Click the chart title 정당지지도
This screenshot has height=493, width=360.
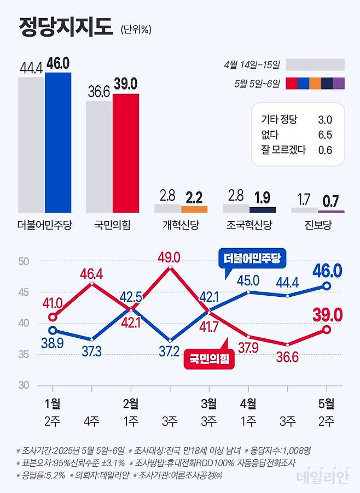click(x=65, y=26)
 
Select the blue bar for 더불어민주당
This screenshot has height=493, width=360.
click(x=58, y=142)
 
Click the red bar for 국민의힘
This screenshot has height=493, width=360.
click(x=126, y=153)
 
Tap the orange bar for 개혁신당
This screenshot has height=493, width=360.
click(x=194, y=209)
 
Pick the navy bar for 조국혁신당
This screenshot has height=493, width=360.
click(x=263, y=209)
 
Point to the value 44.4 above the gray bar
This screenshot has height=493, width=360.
click(x=31, y=68)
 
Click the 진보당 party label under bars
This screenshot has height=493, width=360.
click(x=317, y=225)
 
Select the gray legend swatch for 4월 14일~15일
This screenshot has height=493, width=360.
click(x=315, y=65)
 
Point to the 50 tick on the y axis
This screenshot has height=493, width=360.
click(x=22, y=261)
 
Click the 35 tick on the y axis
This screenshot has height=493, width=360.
click(x=22, y=354)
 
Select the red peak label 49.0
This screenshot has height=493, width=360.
click(x=169, y=256)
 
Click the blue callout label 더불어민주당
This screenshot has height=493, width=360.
click(x=252, y=259)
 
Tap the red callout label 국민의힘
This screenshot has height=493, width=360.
click(x=210, y=358)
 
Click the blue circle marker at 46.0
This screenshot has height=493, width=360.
click(x=327, y=286)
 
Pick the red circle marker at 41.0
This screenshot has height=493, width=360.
click(x=53, y=317)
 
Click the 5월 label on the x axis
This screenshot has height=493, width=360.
click(x=327, y=404)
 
